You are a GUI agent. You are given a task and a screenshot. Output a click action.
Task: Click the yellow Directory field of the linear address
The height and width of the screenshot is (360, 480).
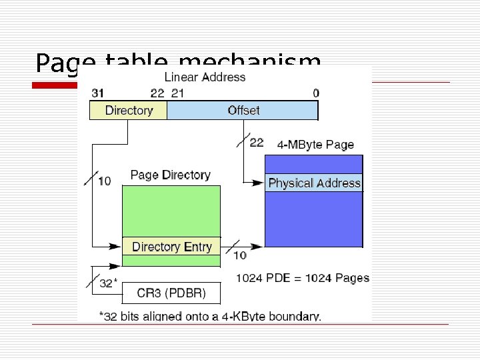coord(129,110)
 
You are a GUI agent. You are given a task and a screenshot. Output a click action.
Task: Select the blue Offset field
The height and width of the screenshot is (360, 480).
coord(243,110)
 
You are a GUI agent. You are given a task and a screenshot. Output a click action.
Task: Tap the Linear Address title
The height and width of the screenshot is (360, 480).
coord(205,77)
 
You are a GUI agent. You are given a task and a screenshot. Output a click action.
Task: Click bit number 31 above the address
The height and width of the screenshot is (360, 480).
coord(97,93)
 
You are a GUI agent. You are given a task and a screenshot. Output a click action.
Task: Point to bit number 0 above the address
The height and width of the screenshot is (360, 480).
coord(315,93)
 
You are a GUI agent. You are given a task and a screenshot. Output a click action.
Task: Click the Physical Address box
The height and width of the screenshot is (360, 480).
coord(314,183)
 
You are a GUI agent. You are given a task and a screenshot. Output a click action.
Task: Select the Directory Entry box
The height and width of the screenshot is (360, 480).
coord(171,247)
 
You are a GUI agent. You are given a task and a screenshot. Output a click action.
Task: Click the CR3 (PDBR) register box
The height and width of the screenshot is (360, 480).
coord(171,293)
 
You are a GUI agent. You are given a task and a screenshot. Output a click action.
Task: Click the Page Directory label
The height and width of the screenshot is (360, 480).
coord(170,175)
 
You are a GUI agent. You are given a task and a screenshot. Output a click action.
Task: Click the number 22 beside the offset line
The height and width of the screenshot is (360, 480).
coord(256,142)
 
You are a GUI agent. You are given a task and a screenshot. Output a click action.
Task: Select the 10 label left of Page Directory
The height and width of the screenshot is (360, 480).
coord(104,180)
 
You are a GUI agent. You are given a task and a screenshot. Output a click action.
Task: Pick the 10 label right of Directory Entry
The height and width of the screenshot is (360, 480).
coord(239,255)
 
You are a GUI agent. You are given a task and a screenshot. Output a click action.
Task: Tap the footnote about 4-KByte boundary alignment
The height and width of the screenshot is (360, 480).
coord(209,317)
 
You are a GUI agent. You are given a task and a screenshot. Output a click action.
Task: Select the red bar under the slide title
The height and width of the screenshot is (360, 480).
coord(56,85)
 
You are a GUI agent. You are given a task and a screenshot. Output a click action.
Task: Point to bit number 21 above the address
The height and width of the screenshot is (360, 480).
coord(178,93)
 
